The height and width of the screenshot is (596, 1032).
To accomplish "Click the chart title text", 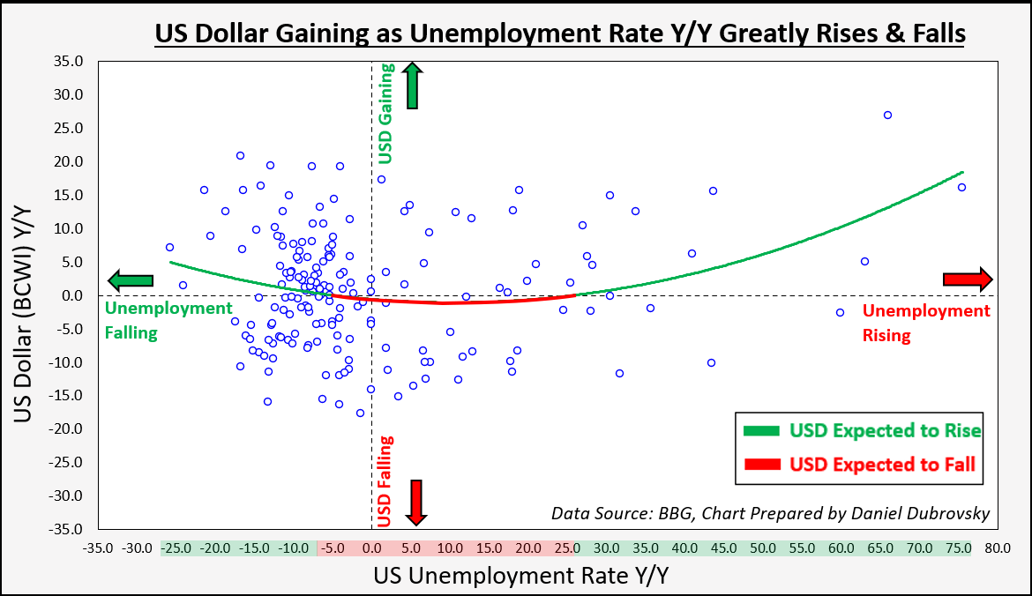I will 559,34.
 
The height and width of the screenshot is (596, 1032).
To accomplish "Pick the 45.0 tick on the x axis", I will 723,548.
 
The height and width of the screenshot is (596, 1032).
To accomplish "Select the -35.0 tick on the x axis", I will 99,548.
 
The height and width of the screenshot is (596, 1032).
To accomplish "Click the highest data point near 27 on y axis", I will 887,115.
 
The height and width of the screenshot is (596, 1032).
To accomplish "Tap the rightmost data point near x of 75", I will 961,187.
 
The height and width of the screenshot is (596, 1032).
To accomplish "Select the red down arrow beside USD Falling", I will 417,502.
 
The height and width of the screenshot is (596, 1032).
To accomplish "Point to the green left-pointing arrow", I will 131,280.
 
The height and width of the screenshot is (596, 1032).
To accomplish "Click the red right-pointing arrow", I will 968,279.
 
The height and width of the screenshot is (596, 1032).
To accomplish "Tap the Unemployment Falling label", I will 155,320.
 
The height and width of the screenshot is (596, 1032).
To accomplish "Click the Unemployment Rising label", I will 925,323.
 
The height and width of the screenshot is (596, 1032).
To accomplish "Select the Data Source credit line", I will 770,513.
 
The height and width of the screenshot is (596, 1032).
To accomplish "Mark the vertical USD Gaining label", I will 385,114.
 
